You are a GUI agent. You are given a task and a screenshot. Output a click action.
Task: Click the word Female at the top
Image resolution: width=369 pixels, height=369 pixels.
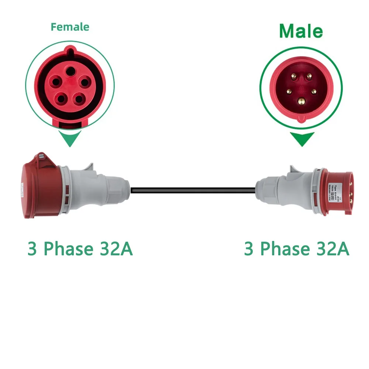(x=70, y=27)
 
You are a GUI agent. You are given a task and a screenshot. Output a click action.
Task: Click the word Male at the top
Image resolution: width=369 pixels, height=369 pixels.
(x=301, y=31)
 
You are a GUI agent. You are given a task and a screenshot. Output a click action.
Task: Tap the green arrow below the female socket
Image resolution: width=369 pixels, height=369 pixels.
(x=70, y=139)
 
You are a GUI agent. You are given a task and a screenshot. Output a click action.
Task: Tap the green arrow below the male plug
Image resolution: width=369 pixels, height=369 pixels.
(x=302, y=139)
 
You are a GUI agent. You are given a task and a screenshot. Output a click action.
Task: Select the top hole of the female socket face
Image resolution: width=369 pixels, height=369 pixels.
(x=69, y=69)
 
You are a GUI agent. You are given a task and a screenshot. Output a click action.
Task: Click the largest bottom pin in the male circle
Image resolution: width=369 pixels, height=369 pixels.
(x=301, y=100)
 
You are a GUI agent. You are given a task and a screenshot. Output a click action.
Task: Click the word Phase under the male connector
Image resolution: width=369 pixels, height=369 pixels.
(x=284, y=249)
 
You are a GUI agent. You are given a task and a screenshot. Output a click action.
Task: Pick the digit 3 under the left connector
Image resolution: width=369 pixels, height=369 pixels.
(x=32, y=249)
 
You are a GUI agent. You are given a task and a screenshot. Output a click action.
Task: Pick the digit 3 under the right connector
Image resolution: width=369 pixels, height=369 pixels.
(x=249, y=249)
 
